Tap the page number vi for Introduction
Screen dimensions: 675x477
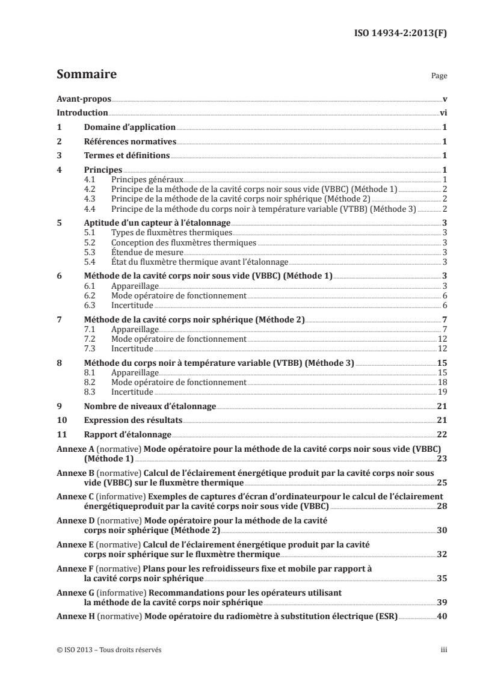(x=442, y=112)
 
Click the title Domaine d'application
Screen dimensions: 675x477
(x=129, y=128)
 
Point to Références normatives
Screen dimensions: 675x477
(x=129, y=142)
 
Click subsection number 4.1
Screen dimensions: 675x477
(x=90, y=180)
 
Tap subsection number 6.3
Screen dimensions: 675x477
(x=90, y=305)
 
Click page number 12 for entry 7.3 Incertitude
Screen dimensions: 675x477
(x=440, y=348)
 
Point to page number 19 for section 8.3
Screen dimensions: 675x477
(x=440, y=391)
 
